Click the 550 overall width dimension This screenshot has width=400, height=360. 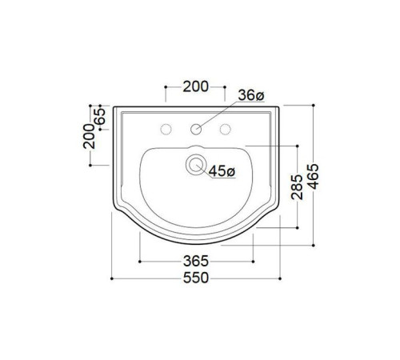(195, 278)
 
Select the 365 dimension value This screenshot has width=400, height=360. (195, 261)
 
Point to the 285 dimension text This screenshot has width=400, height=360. (297, 189)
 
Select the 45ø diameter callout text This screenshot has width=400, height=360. (222, 170)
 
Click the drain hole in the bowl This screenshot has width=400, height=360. (194, 166)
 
